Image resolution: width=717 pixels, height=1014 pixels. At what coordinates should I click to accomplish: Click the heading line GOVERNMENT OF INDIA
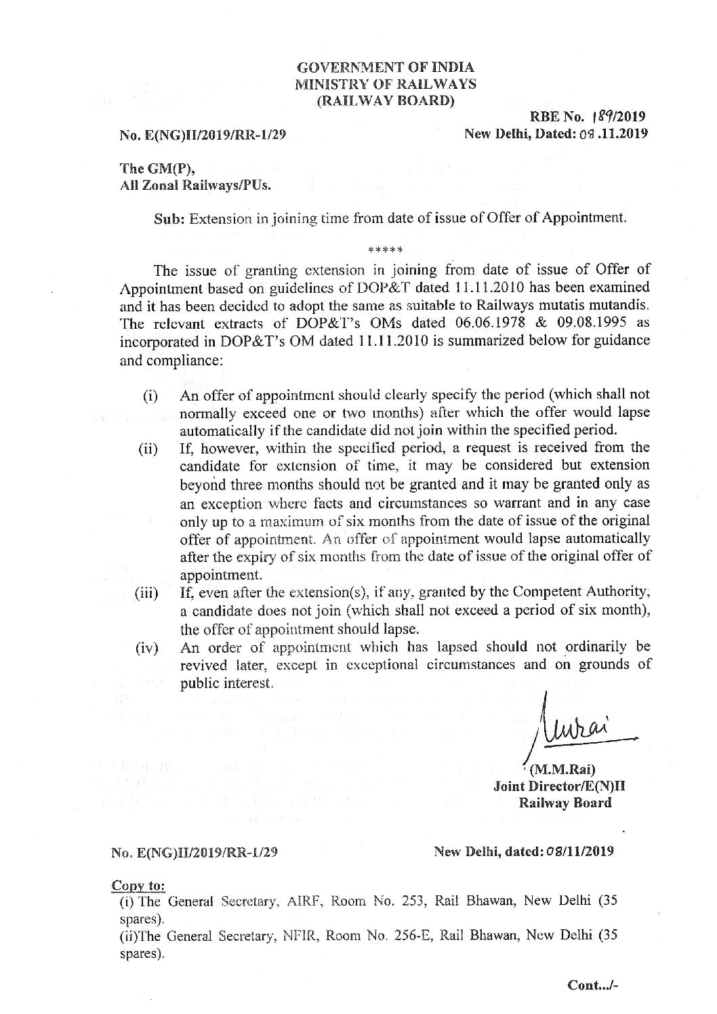(x=386, y=67)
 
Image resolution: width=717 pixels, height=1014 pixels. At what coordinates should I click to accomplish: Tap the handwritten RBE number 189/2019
(x=623, y=116)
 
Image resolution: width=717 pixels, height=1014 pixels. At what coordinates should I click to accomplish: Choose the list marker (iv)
(x=147, y=648)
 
